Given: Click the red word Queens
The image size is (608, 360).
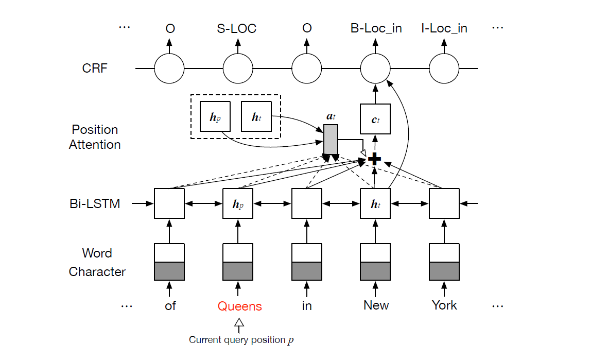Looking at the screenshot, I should pos(239,306).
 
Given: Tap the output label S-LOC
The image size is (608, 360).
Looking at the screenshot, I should pos(237,29).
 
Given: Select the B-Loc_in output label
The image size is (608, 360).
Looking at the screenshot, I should pos(376,29).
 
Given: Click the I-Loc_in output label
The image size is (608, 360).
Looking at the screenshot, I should pos(444,29).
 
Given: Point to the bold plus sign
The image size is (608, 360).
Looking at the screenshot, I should pos(375,160).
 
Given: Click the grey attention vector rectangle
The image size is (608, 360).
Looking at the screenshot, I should pos(331,139).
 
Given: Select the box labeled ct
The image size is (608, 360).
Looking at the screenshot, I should pos(375,119).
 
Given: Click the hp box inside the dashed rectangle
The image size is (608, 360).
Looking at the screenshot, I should pos(214,116).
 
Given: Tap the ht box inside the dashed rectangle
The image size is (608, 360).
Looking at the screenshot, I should pos(256,116).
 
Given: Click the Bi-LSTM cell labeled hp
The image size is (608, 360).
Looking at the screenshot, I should pos(237,204).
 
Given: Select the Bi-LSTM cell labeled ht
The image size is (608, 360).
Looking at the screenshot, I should pos(375,204).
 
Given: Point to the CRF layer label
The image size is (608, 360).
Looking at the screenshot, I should pos(95,68).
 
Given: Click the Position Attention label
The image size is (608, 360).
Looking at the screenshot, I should pos(95,137).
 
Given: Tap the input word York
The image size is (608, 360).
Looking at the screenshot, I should pos(444,305).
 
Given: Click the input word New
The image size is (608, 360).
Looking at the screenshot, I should pos(376,305).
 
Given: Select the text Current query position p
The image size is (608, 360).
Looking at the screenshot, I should pos(242,340).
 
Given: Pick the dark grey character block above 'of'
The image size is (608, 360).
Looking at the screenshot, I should pos(169,271).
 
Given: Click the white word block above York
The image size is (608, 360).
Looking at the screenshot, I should pos(444,253).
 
